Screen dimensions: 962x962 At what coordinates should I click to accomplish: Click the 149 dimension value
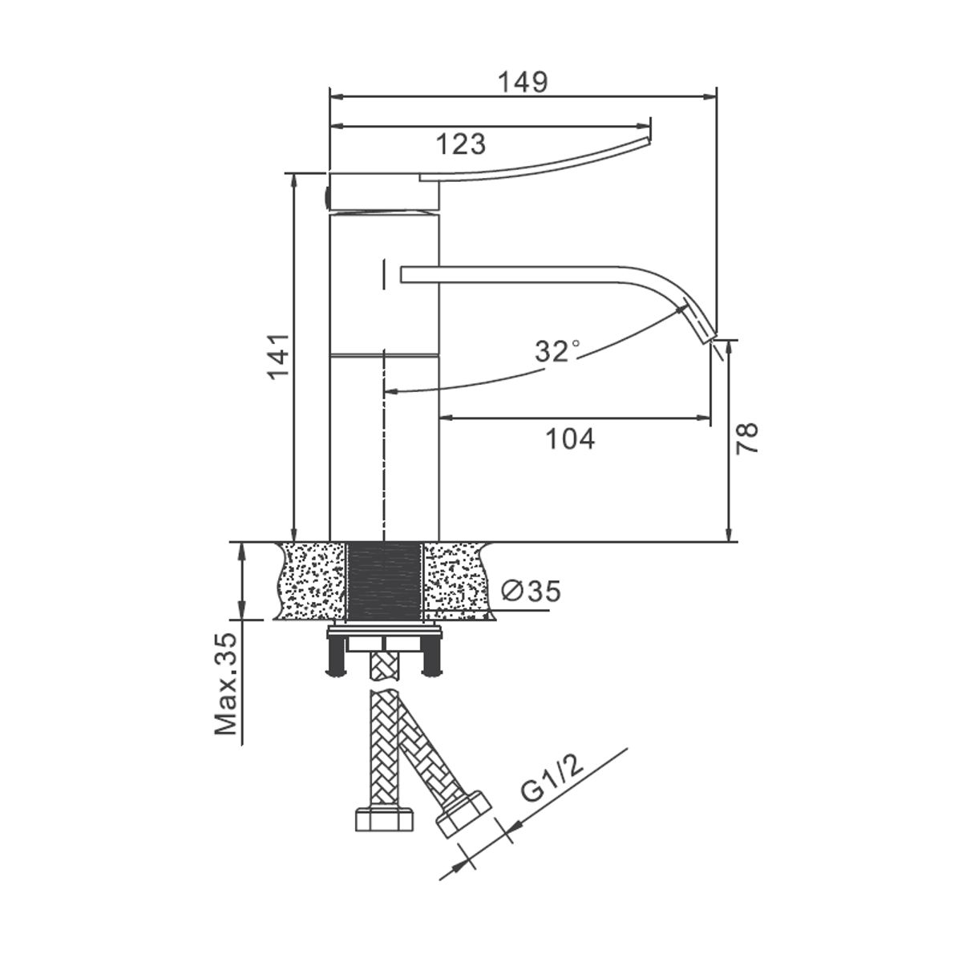523,82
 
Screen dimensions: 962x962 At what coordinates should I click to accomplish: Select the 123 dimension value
460,144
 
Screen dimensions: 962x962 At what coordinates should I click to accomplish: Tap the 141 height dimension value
279,357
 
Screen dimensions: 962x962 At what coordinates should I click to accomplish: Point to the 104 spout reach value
570,439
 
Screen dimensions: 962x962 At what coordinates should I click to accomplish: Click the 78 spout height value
747,438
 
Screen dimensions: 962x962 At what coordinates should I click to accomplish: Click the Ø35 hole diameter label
531,591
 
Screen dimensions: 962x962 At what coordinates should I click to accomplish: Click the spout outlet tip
709,338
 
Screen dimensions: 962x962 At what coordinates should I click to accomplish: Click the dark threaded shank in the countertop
384,582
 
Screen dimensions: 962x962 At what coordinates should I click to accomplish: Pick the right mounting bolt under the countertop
432,658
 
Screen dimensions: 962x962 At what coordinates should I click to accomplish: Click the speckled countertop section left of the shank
311,581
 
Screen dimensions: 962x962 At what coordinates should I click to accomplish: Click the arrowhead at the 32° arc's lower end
392,392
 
